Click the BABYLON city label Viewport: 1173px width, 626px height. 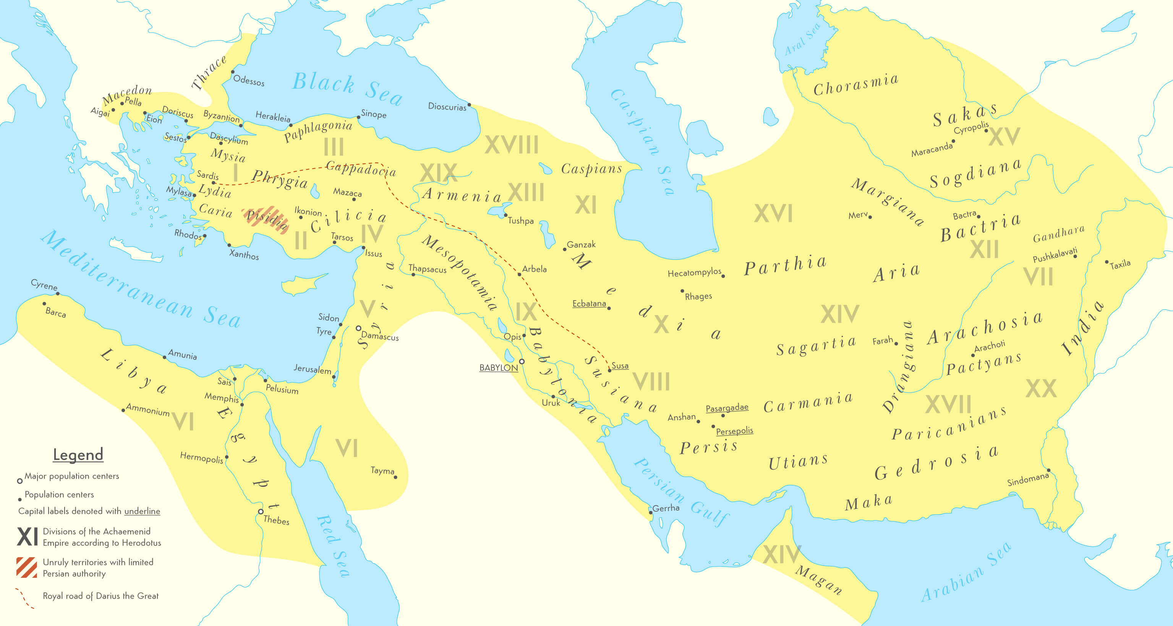tap(498, 367)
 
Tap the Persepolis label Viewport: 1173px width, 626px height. tap(734, 431)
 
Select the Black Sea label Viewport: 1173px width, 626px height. tap(347, 88)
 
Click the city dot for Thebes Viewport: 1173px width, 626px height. tap(261, 512)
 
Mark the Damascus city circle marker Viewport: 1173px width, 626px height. tap(358, 328)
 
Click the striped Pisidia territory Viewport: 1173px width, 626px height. tap(266, 218)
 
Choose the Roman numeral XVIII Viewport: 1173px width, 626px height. tap(511, 145)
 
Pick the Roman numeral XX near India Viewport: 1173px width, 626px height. tap(1041, 389)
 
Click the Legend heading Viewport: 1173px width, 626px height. tap(78, 454)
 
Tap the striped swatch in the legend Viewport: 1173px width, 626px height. tap(26, 567)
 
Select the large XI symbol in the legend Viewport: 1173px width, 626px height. tap(28, 537)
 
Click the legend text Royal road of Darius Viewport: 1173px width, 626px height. tap(100, 596)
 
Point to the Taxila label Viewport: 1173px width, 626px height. tap(1120, 264)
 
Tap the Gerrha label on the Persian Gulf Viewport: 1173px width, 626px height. tap(666, 508)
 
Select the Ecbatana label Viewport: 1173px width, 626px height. tap(589, 303)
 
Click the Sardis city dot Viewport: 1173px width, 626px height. tap(213, 183)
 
